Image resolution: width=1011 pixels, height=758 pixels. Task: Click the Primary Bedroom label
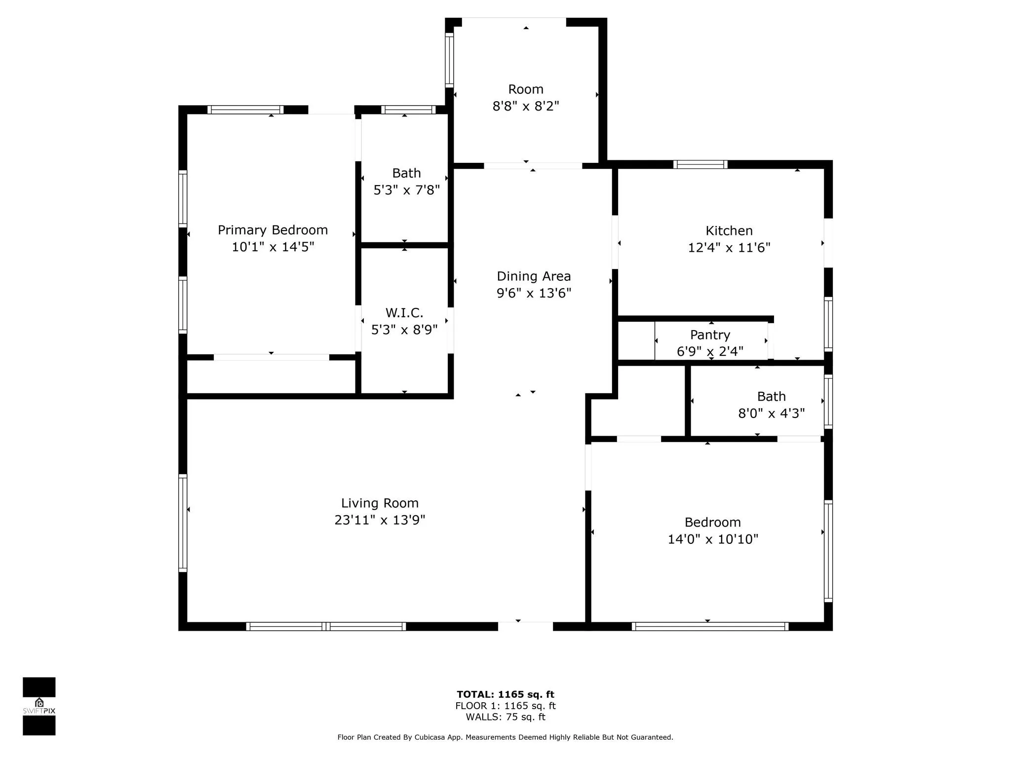click(272, 230)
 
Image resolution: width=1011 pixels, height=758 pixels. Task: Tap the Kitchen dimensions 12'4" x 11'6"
click(729, 247)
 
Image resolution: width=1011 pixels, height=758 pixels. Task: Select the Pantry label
click(710, 335)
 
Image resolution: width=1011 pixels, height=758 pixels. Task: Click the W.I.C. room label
click(404, 313)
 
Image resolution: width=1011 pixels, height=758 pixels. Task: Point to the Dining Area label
click(534, 276)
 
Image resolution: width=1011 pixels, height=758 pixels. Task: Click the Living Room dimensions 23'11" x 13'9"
click(380, 520)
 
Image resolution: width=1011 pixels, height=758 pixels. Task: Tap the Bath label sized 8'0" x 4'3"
click(772, 396)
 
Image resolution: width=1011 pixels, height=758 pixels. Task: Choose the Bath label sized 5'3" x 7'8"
click(406, 173)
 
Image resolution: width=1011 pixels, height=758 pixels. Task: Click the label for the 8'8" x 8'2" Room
click(526, 89)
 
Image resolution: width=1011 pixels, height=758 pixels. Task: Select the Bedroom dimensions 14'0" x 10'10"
click(713, 539)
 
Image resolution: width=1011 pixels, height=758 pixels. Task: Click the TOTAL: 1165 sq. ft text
click(505, 694)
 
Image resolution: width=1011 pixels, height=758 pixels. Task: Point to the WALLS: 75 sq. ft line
click(505, 717)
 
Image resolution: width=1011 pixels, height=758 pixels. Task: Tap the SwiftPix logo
click(39, 706)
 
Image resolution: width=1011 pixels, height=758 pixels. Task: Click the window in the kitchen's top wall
click(700, 164)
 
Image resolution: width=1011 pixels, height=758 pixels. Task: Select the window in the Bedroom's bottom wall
click(710, 626)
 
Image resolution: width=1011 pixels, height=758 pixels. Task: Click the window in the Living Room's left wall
click(183, 523)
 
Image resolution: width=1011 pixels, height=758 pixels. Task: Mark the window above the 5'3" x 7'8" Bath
click(408, 110)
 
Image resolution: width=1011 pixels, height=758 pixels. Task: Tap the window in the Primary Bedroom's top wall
click(245, 110)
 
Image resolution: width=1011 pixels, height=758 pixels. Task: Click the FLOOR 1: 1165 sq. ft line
click(505, 706)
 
